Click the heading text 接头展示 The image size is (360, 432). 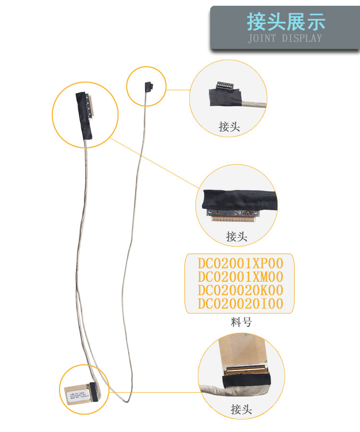click(x=286, y=22)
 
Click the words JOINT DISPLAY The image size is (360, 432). click(x=285, y=38)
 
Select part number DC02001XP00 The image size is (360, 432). click(x=240, y=264)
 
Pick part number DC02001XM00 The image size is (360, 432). click(x=240, y=277)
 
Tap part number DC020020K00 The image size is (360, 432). click(x=240, y=290)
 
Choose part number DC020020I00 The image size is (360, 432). click(x=240, y=304)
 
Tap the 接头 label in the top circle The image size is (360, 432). click(x=229, y=127)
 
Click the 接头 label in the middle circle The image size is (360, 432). click(x=237, y=237)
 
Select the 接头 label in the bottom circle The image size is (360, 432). click(x=241, y=409)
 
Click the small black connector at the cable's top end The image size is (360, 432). click(x=149, y=86)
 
